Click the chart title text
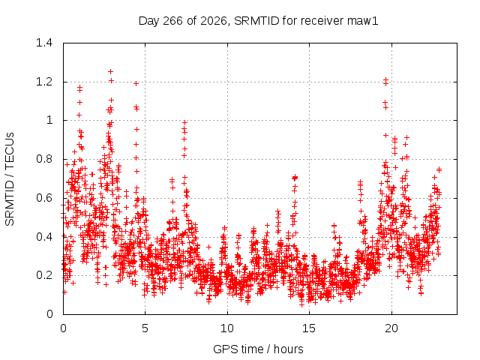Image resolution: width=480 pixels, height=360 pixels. (x=258, y=21)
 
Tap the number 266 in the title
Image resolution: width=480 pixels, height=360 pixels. (x=173, y=21)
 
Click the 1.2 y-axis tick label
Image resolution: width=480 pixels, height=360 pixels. (x=44, y=82)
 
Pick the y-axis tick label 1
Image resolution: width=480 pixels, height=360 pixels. (x=49, y=120)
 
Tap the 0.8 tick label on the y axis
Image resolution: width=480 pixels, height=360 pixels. (x=44, y=159)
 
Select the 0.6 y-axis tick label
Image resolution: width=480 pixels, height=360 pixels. (x=44, y=198)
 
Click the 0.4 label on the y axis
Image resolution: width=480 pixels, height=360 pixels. (x=44, y=237)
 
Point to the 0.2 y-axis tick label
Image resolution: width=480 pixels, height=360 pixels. (x=44, y=275)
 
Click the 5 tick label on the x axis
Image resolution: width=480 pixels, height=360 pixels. (x=145, y=328)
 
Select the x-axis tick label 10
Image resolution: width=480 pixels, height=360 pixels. (x=227, y=328)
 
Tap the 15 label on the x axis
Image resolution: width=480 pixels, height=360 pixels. (x=309, y=328)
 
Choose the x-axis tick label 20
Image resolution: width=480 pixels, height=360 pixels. (x=391, y=328)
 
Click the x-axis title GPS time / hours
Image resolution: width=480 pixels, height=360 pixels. (x=258, y=349)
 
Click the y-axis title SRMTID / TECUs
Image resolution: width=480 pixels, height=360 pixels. (x=10, y=179)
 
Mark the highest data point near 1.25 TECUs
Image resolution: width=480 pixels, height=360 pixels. (x=110, y=72)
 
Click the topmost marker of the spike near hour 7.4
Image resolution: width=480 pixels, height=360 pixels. (x=184, y=122)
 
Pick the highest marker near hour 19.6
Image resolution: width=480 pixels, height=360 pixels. (x=385, y=80)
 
